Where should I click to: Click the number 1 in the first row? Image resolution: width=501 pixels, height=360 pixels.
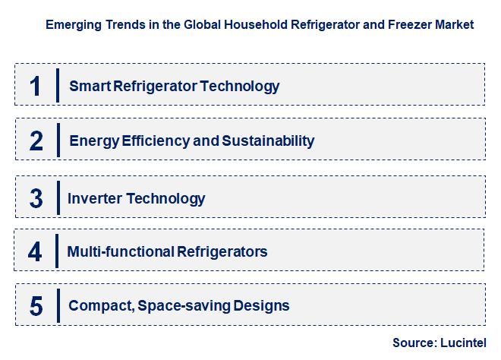(x=35, y=85)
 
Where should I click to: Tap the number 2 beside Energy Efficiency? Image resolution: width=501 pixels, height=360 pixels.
(x=36, y=141)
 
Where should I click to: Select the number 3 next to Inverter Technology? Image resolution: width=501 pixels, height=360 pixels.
(x=36, y=199)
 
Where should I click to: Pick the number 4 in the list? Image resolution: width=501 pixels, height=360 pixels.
(x=36, y=251)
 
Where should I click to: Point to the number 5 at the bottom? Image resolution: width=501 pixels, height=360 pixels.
(x=36, y=306)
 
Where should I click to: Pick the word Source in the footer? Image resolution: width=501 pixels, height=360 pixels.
(x=411, y=343)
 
